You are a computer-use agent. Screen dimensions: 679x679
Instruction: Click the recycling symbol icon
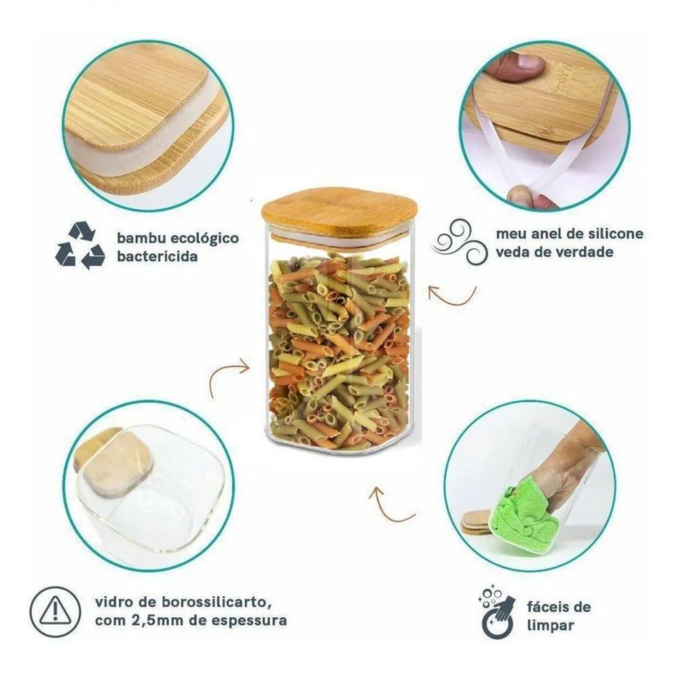click(x=80, y=245)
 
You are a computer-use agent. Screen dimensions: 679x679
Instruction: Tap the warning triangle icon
click(x=55, y=612)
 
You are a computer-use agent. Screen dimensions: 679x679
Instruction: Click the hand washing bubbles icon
click(x=498, y=612)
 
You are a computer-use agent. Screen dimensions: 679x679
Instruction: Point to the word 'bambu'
click(x=141, y=238)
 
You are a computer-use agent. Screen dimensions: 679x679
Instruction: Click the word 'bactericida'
click(x=158, y=256)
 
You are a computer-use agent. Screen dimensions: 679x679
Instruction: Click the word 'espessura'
click(x=249, y=621)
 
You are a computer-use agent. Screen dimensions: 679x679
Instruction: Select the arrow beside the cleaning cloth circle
click(x=388, y=507)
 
